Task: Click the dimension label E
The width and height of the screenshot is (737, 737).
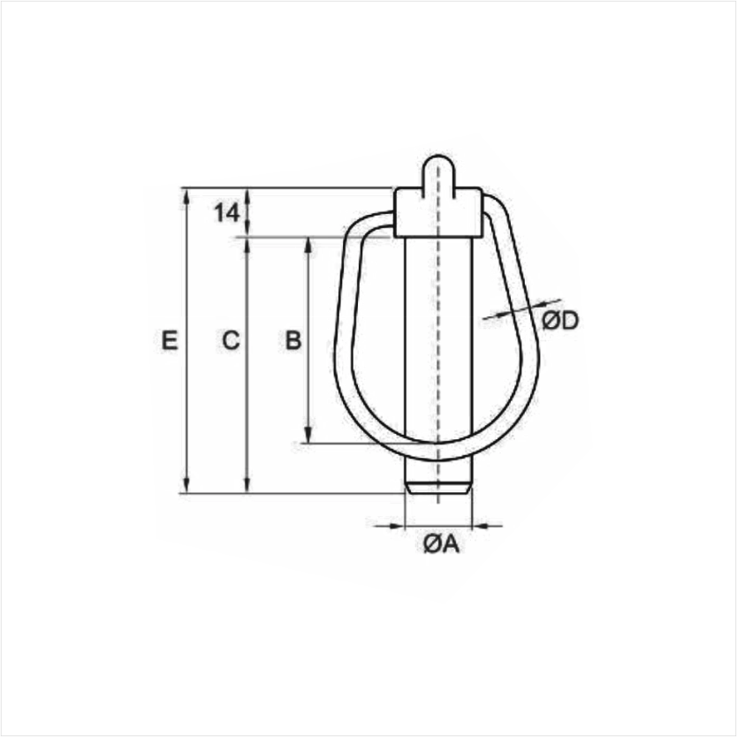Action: (170, 340)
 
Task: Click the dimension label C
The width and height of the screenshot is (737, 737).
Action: (231, 340)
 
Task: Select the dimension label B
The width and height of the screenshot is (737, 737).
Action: (293, 340)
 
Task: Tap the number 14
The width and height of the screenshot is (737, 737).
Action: (227, 213)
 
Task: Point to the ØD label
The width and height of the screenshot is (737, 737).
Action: (560, 321)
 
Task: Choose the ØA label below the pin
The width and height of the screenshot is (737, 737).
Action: (441, 544)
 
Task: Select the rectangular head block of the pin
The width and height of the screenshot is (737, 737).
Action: (438, 212)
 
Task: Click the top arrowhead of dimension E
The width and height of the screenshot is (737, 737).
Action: (186, 196)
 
